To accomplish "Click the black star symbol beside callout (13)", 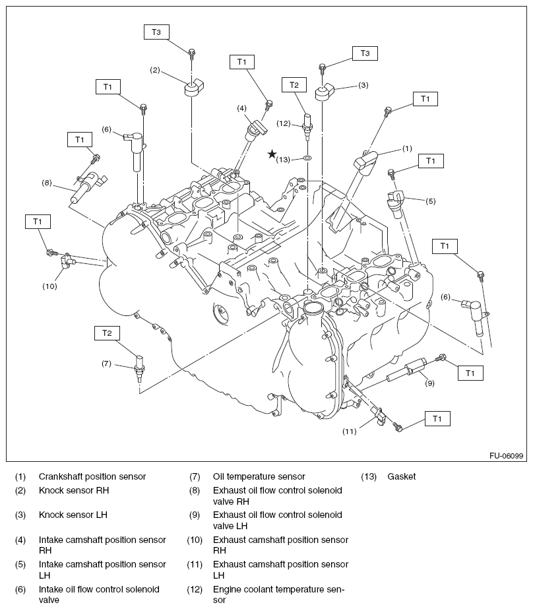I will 272,154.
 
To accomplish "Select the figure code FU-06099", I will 506,455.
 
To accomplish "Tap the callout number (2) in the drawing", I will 156,69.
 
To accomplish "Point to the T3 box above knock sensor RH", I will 156,32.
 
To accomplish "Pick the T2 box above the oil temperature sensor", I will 107,333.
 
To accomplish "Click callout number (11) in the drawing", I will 350,432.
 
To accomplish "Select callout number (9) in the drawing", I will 429,382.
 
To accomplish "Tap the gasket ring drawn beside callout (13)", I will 308,159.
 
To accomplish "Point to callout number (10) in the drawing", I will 50,286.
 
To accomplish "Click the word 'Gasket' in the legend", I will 402,476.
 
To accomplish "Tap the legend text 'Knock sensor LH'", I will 73,515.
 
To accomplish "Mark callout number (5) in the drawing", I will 430,201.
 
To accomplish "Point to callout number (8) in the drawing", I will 46,183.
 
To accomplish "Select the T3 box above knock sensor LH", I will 364,53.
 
